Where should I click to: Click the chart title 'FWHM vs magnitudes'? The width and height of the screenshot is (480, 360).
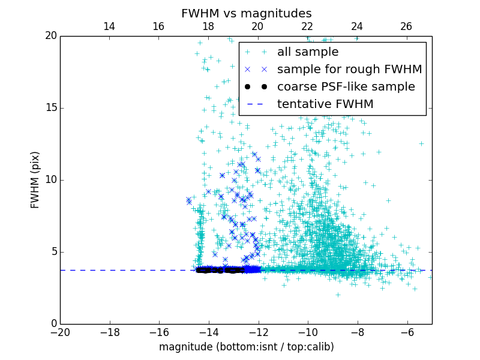tap(246, 13)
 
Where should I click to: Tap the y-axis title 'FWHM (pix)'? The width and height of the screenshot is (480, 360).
tap(35, 179)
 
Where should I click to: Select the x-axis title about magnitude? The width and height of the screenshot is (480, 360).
tap(246, 347)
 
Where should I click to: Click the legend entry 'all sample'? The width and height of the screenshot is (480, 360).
tap(308, 52)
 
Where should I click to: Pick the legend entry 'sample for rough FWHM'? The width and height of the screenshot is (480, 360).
tap(349, 70)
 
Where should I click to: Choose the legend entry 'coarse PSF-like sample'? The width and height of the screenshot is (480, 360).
tap(346, 87)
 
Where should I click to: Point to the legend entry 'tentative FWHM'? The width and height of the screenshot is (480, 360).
tap(325, 104)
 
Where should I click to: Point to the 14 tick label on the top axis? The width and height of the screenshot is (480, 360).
tap(109, 26)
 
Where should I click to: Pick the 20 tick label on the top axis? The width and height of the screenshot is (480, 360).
tap(257, 26)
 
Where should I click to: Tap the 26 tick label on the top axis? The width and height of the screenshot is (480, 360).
tap(406, 26)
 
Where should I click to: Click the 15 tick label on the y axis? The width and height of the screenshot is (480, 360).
tap(50, 108)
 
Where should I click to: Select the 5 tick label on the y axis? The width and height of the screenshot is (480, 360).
tap(53, 252)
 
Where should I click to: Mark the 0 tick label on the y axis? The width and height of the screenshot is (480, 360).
tap(53, 324)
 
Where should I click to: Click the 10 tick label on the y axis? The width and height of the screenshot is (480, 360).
tap(50, 180)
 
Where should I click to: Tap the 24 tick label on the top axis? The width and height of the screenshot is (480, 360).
tap(357, 26)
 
